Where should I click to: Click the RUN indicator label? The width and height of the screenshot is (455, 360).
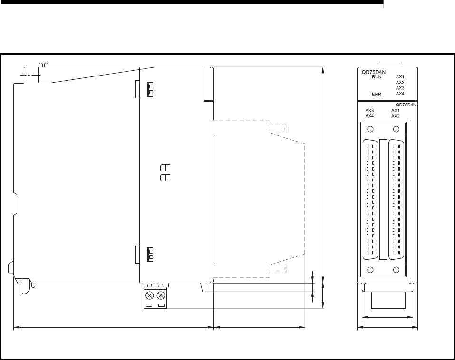coord(377,77)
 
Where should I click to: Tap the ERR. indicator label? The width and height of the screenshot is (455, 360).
coord(377,94)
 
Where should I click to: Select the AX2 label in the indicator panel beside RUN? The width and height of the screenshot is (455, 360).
coord(400,82)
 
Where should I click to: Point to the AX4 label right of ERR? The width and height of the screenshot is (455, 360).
coord(400,94)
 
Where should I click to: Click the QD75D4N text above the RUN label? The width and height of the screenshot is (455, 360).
coord(373,73)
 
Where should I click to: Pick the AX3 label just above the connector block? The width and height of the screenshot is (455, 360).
coord(369,111)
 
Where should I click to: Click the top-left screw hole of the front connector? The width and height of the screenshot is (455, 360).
coord(370,129)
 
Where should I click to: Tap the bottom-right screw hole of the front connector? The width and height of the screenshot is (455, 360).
coord(396,270)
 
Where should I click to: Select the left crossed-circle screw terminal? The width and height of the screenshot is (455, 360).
coord(149,296)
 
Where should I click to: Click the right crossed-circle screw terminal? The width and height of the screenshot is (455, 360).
coord(161,296)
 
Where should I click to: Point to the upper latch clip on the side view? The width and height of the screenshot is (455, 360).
coord(150,89)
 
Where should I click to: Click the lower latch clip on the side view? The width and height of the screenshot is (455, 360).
coord(150,254)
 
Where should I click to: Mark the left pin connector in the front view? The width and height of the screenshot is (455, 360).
coord(370,199)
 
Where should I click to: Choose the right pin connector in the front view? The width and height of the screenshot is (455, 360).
coord(396,199)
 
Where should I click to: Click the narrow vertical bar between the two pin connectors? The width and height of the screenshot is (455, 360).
coord(383,199)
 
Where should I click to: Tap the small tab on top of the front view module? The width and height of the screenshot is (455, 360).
coord(389,65)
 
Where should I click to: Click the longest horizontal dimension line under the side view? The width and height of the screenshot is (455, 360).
coord(114,328)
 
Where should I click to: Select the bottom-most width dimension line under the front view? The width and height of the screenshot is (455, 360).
coord(387,328)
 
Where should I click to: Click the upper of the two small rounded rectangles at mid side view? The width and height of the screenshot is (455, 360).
coord(165,168)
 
